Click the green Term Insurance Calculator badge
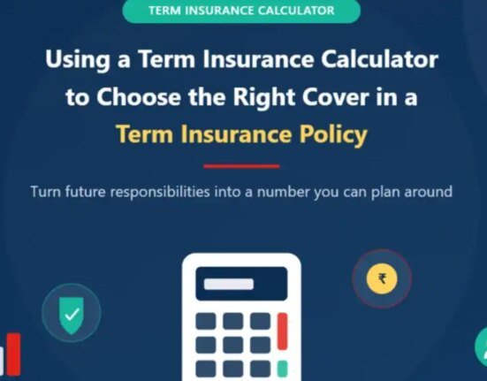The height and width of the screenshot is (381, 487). [241, 11]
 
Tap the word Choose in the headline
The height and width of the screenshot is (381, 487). [139, 96]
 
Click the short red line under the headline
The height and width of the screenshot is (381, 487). [241, 166]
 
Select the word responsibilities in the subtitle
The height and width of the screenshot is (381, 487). [160, 192]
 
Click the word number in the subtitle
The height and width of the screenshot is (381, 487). [283, 192]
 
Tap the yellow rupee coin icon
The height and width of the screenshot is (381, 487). [382, 278]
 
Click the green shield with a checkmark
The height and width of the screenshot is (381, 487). [72, 316]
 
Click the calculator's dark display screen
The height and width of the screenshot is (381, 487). [241, 284]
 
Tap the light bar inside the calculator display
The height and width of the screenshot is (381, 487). [229, 284]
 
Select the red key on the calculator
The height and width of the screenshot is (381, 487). [282, 331]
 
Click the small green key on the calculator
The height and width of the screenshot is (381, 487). [282, 369]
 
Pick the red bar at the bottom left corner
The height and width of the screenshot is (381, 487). [13, 354]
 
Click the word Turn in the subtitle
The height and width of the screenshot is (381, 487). [46, 192]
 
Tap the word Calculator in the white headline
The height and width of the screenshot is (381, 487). [379, 59]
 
